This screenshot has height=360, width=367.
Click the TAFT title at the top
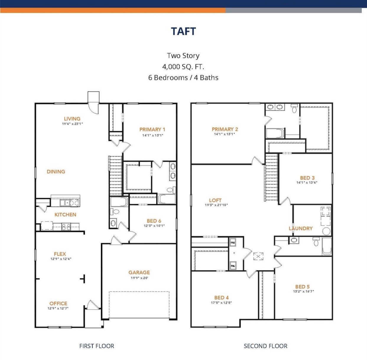[x=183, y=31]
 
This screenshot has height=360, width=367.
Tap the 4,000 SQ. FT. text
[x=183, y=67]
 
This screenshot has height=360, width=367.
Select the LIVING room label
[x=72, y=119]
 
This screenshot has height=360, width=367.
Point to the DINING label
[x=56, y=172]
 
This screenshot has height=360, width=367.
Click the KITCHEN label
[x=65, y=215]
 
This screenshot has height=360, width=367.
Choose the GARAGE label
[x=139, y=273]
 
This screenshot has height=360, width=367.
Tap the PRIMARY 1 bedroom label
[x=152, y=129]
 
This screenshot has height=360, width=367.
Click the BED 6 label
[x=154, y=221]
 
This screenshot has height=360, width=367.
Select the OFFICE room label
[x=58, y=304]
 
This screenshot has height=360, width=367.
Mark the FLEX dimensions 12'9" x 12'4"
[x=61, y=259]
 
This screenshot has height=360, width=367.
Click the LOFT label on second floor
[x=215, y=200]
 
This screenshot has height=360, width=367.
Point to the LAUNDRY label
[x=301, y=228]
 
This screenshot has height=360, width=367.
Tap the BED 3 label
[x=307, y=178]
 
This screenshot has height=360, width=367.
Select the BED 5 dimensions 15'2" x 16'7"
[x=303, y=291]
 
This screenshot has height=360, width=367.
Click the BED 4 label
[x=222, y=298]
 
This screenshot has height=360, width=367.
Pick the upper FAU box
[x=233, y=243]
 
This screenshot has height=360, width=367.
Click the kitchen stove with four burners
[x=66, y=227]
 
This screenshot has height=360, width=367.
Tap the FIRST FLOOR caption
[x=97, y=346]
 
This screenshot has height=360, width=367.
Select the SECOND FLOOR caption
[x=265, y=346]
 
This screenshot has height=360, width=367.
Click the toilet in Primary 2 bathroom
[x=294, y=109]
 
